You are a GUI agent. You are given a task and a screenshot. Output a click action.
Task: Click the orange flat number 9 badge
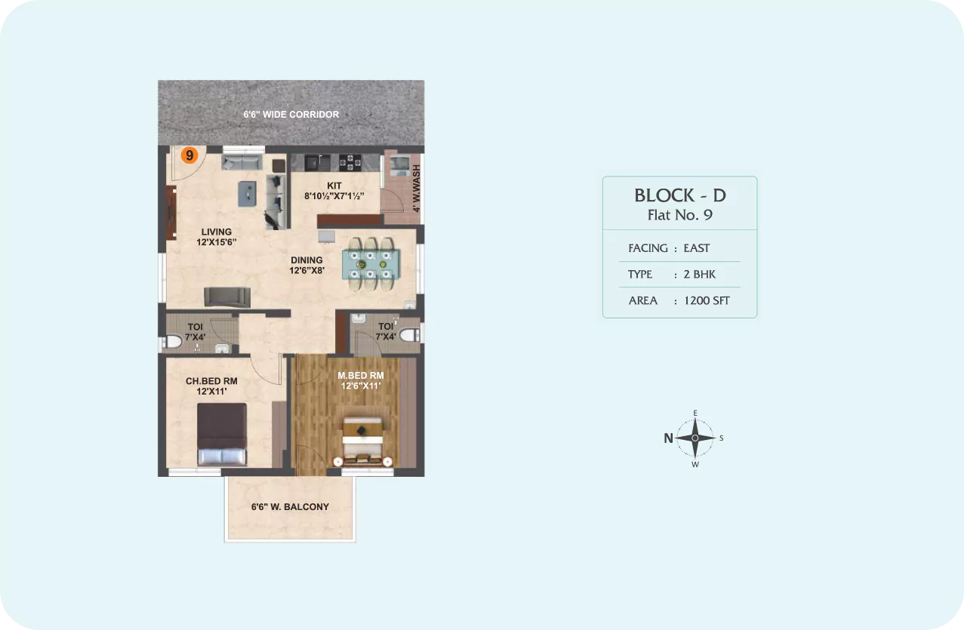(x=189, y=155)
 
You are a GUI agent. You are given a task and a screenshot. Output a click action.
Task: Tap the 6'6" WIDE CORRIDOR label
(x=291, y=115)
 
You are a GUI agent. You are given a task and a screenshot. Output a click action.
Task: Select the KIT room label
(x=334, y=186)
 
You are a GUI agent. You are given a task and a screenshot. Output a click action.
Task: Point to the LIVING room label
(x=217, y=232)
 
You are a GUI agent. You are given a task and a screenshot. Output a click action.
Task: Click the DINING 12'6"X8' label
(x=306, y=266)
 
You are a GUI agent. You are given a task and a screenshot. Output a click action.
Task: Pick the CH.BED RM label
(x=211, y=381)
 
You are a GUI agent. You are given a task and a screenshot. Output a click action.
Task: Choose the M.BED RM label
(x=361, y=376)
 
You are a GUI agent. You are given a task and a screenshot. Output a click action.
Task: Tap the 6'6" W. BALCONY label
(x=290, y=507)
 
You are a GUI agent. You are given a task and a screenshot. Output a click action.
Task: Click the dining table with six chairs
(x=371, y=263)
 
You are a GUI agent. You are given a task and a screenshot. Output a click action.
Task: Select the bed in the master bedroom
(x=363, y=442)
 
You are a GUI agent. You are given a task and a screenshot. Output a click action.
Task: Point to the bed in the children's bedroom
(x=222, y=434)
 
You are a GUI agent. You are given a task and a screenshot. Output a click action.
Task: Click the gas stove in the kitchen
(x=350, y=162)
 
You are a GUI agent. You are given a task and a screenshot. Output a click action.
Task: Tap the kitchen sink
(x=317, y=162)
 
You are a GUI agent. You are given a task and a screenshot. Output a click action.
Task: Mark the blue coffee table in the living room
(x=248, y=193)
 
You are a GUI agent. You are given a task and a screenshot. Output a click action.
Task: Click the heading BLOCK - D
(x=680, y=195)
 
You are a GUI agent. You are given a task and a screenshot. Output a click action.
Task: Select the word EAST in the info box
(x=696, y=248)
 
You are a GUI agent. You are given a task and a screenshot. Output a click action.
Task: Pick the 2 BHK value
(x=699, y=275)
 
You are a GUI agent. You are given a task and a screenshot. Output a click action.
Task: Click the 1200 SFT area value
(x=707, y=300)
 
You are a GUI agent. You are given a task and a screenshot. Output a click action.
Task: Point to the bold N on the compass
(x=668, y=438)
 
